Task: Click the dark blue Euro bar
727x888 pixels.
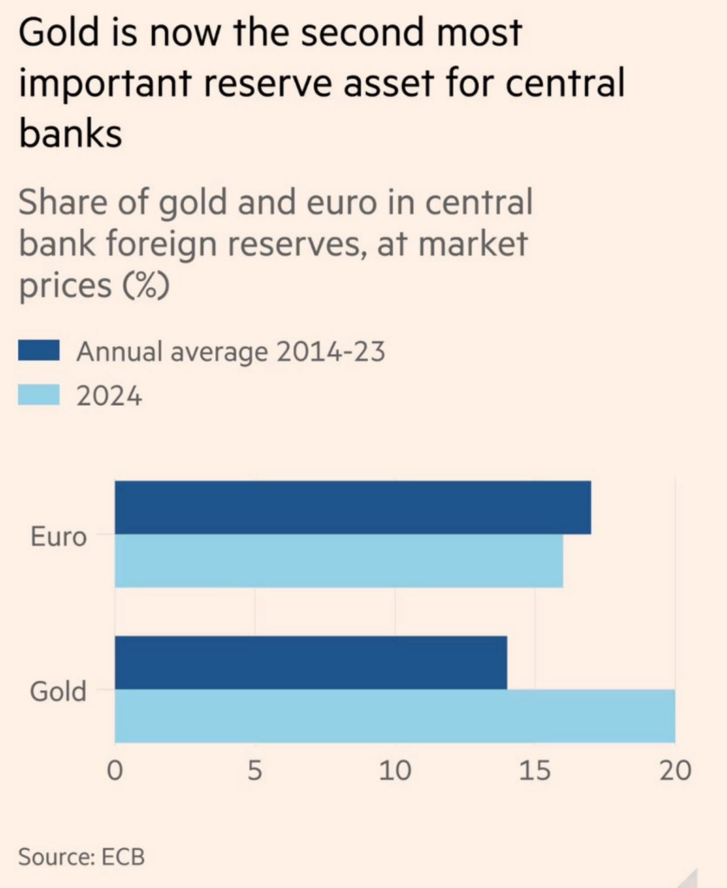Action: coord(352,507)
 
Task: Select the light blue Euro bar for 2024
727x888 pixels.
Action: coord(338,561)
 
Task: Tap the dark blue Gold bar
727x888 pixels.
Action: coord(311,663)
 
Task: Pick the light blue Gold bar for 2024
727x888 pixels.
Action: coord(395,716)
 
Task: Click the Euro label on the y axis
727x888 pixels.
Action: coord(58,537)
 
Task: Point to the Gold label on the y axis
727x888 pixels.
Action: coord(58,692)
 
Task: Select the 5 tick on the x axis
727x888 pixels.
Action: coord(254,770)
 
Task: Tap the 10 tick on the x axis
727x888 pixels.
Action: coord(395,770)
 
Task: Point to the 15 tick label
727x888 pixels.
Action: coord(534,770)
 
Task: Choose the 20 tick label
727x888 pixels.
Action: coord(675,770)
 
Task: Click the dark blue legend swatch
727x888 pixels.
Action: coord(39,350)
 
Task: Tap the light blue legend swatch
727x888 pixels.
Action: coord(39,395)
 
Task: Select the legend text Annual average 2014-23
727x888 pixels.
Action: coord(230,352)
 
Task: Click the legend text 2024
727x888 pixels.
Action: coord(109,396)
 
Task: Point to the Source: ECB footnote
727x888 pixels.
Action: coord(82,857)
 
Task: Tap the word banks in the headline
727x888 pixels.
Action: coord(69,134)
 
